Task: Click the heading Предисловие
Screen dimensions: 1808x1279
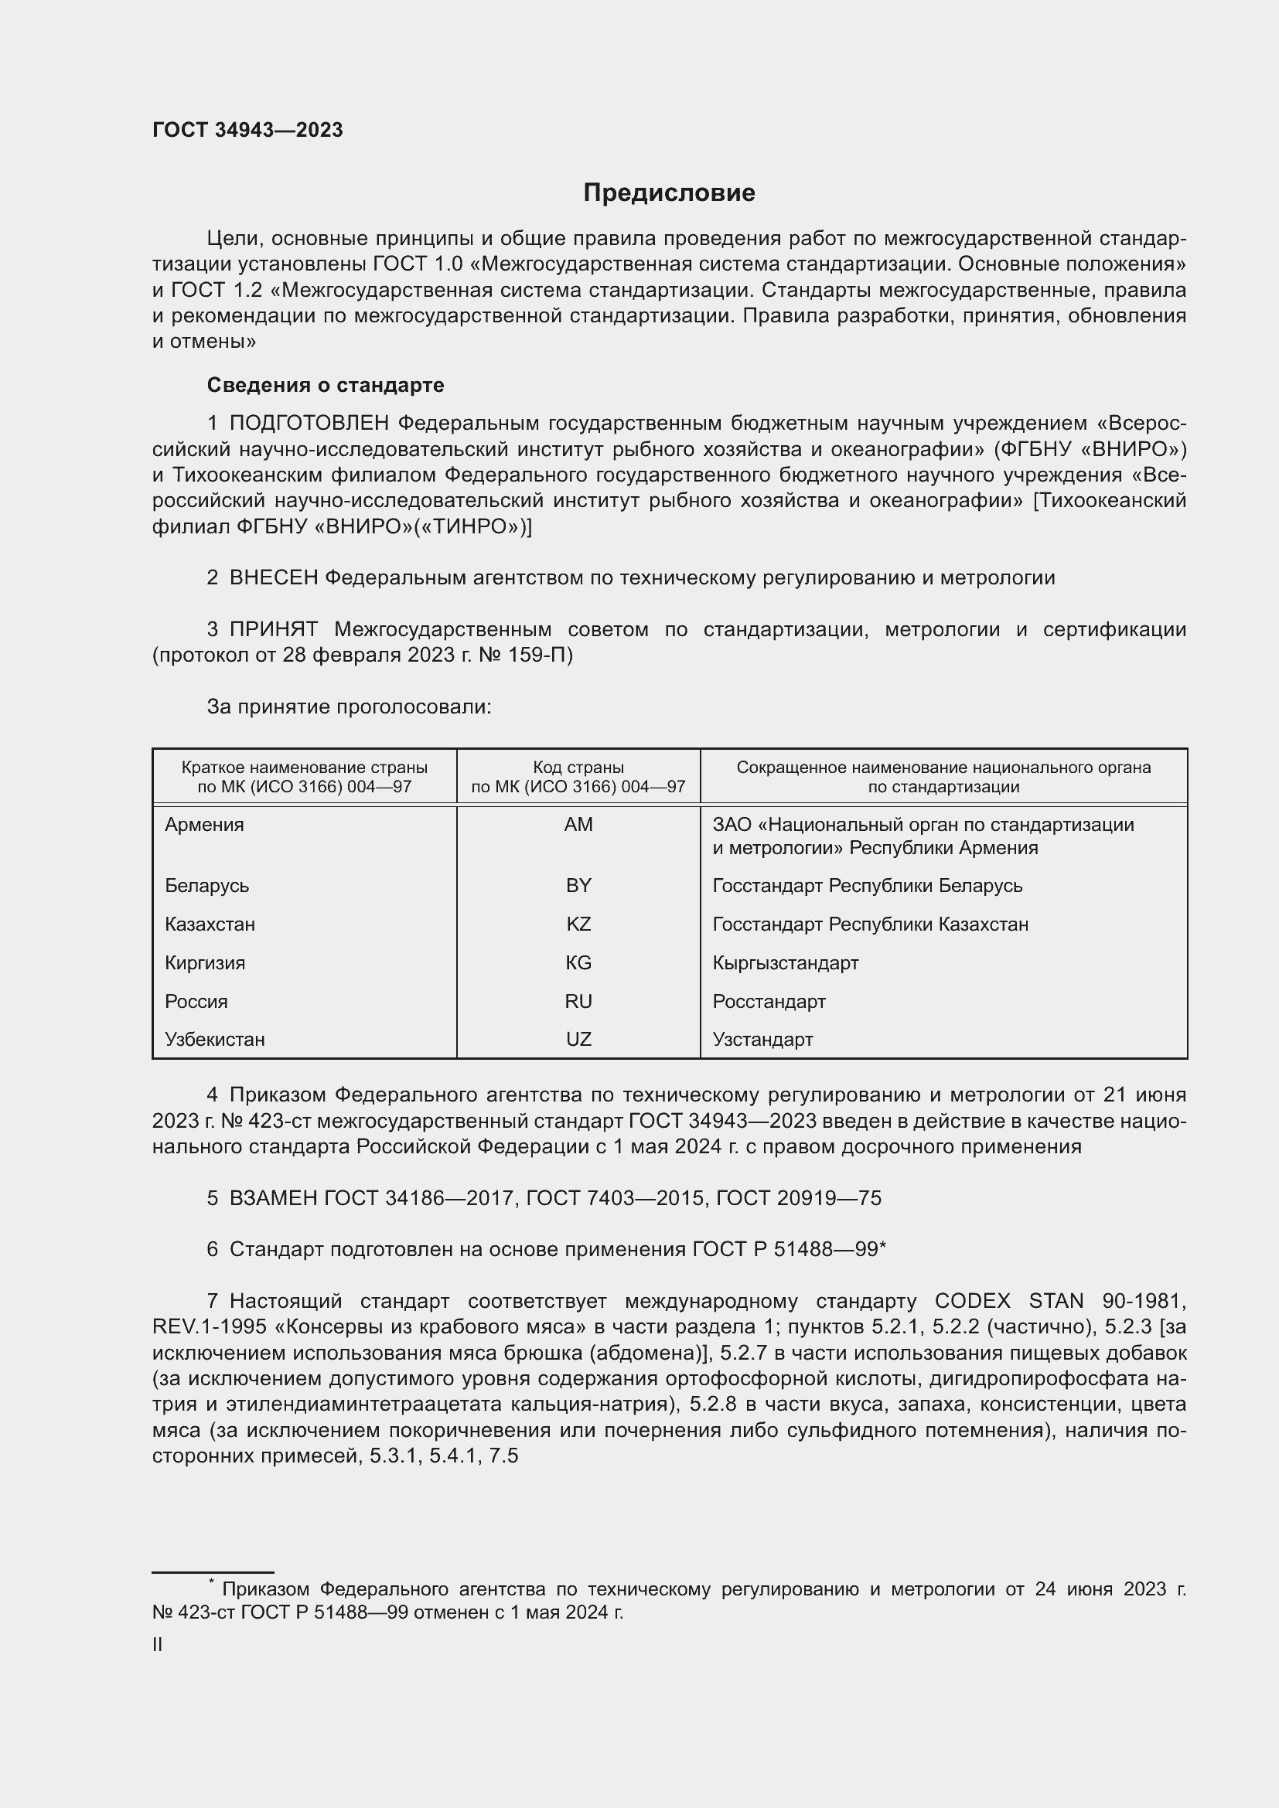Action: click(x=669, y=193)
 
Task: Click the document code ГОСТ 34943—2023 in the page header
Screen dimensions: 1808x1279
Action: click(x=247, y=130)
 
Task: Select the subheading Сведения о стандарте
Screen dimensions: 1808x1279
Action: click(x=326, y=385)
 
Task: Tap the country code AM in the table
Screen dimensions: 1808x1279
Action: click(x=578, y=825)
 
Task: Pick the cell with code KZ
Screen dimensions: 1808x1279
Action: click(x=578, y=924)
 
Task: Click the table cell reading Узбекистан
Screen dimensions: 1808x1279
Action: click(x=215, y=1040)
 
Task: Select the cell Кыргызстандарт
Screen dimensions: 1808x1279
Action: click(x=785, y=963)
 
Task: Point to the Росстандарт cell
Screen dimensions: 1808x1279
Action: click(x=769, y=1002)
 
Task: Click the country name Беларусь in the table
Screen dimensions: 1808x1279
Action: click(x=207, y=886)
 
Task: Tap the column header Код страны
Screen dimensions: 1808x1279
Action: click(x=578, y=767)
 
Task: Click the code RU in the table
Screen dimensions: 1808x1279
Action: click(x=578, y=1002)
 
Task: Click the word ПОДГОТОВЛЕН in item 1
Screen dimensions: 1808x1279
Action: click(x=309, y=424)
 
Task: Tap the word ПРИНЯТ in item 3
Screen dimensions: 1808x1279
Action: click(x=273, y=630)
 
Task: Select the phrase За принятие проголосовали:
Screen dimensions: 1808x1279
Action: click(x=349, y=707)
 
